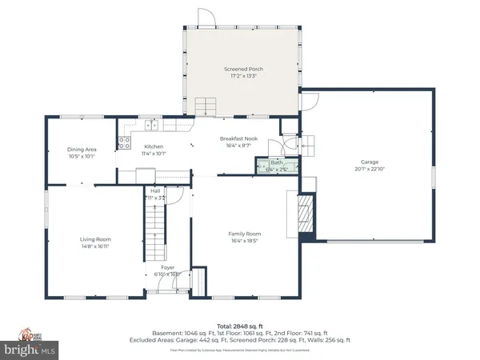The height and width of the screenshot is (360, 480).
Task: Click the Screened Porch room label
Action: [243, 70]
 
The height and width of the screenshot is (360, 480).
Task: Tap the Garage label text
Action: [369, 161]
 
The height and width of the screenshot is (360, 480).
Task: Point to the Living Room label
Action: [94, 239]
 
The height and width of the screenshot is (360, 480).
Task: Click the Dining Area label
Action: [81, 149]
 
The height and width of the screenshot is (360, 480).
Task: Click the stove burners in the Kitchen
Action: [125, 144]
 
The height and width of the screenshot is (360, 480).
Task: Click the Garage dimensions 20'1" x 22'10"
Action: [369, 169]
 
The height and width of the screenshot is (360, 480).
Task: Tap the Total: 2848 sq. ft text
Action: [239, 326]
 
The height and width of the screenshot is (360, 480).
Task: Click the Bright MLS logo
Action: [30, 350]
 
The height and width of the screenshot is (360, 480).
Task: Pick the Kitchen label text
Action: [154, 147]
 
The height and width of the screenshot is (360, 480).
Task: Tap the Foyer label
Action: [168, 267]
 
